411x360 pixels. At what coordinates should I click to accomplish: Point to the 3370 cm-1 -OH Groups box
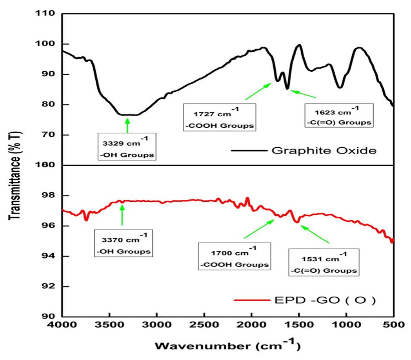[x=124, y=243]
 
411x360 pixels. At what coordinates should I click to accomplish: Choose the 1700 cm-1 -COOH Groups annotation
[x=235, y=256]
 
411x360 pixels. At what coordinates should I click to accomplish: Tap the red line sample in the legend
[x=250, y=301]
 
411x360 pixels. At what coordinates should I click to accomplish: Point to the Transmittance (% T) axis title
[x=15, y=165]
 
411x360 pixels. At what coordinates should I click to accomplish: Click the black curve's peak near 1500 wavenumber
[x=299, y=45]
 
